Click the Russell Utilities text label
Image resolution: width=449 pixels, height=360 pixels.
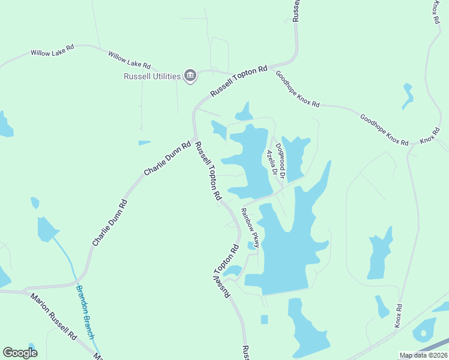[152, 76]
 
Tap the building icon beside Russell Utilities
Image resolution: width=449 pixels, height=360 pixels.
[190, 75]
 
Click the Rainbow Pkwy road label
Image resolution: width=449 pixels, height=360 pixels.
[250, 227]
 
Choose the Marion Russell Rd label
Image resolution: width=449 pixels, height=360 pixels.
[54, 316]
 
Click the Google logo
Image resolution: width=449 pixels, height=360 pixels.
[20, 353]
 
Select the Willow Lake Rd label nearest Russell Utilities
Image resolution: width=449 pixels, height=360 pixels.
[129, 60]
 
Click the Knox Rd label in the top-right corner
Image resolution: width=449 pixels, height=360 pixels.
[435, 12]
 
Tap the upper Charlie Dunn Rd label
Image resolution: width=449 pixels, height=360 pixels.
[167, 158]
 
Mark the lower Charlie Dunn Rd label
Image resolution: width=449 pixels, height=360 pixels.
[110, 223]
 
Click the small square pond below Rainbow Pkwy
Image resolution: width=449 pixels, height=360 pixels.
[264, 319]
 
